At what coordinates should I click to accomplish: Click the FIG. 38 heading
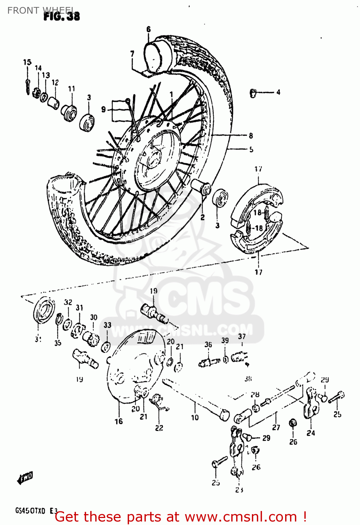62,16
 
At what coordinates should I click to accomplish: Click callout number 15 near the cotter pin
27,62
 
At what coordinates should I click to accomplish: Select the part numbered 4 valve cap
253,93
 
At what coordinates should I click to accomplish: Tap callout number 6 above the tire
148,29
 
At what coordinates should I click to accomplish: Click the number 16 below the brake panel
119,421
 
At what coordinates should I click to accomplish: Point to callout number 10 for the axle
195,417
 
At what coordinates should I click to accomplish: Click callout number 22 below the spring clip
159,428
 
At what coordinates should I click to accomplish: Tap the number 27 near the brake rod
276,427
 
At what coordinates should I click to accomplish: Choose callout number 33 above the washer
107,325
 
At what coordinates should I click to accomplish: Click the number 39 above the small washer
225,340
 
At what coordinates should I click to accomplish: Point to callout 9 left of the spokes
104,110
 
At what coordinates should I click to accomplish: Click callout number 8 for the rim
250,136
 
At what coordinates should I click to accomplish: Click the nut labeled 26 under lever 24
293,423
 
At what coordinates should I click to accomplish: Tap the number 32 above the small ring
68,302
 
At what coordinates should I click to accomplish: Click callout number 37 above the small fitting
242,336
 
